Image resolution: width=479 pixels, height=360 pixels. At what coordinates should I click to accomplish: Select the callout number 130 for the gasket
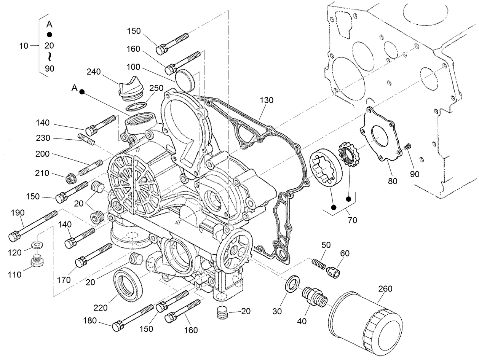[x=267, y=100]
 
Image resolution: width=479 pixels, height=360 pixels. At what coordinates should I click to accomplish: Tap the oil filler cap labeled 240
[x=128, y=88]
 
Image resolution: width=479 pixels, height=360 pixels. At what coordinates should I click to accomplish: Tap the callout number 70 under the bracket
[x=352, y=220]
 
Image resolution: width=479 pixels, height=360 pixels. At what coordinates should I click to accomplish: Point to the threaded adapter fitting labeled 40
[x=315, y=296]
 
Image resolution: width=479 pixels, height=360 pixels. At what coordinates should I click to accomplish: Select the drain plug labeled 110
[x=37, y=262]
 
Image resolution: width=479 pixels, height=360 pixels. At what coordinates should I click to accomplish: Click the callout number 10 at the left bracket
[x=24, y=46]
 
